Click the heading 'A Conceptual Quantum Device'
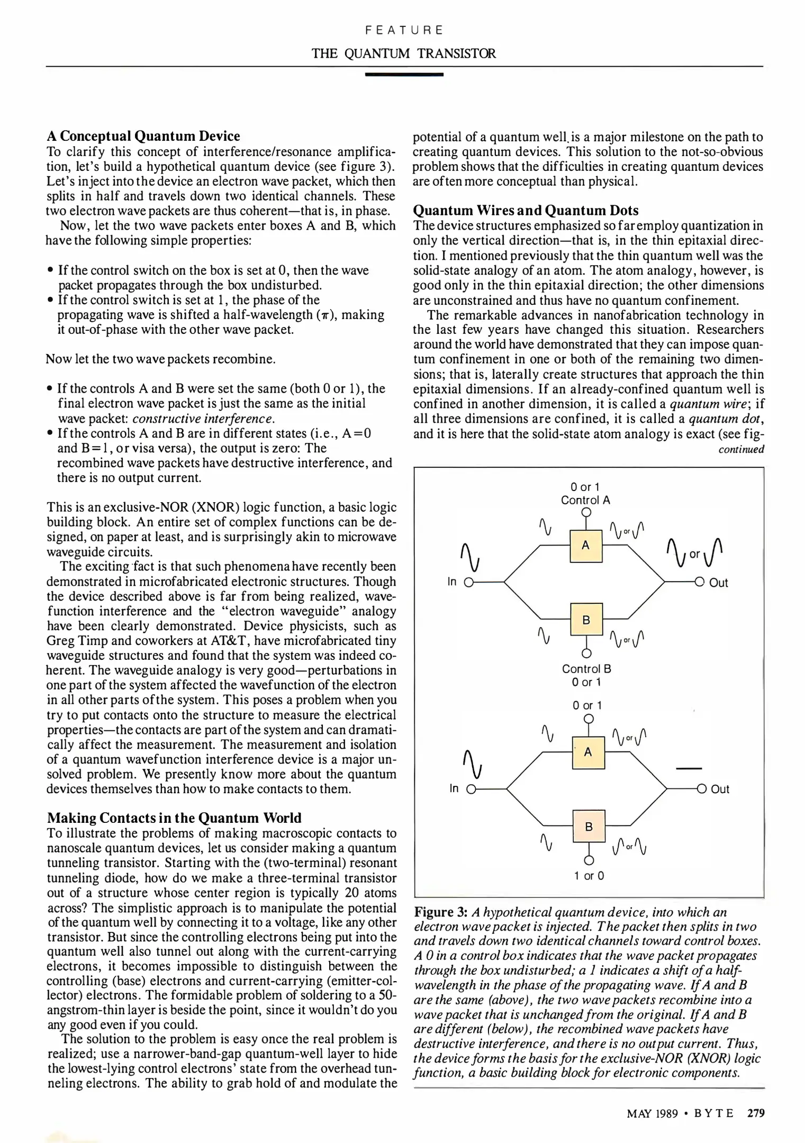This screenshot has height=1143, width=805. (x=143, y=136)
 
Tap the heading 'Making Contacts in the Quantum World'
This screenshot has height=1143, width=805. (x=174, y=818)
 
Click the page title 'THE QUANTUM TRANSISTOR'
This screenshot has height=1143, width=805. (x=403, y=53)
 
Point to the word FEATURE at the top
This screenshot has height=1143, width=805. (x=404, y=30)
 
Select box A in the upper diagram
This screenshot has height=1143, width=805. (x=585, y=545)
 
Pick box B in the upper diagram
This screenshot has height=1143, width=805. (x=586, y=619)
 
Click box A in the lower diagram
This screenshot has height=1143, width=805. (x=587, y=752)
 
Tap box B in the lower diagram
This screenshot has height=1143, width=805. (x=588, y=826)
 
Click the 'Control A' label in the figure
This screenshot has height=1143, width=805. (x=585, y=500)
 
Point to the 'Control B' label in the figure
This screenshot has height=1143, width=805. (x=586, y=669)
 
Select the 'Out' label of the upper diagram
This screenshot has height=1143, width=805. (x=718, y=583)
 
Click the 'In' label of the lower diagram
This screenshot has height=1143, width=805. (x=454, y=788)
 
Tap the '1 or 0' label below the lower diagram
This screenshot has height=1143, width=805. (x=589, y=876)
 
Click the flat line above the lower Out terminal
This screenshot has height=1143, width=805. (x=688, y=768)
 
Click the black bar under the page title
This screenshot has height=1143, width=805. (x=404, y=75)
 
